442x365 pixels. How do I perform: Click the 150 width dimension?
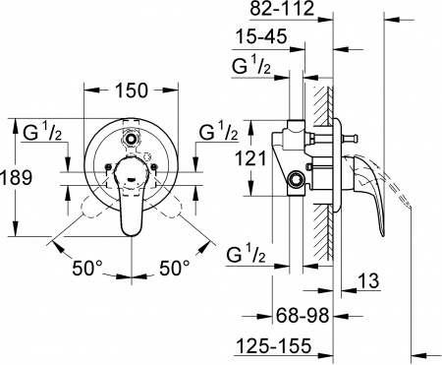coord(131,91)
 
